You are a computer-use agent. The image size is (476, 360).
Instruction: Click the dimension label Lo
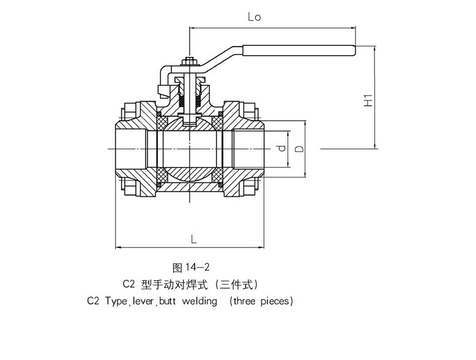[x=254, y=17]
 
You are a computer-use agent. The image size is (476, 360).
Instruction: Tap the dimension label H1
[x=368, y=100]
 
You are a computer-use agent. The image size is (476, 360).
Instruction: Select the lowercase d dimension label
[x=280, y=148]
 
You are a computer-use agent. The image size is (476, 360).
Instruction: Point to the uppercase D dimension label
[x=299, y=149]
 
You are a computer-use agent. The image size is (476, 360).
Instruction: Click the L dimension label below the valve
[x=193, y=239]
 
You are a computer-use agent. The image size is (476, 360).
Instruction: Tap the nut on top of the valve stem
[x=189, y=62]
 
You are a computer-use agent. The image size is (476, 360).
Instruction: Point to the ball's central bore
[x=189, y=148]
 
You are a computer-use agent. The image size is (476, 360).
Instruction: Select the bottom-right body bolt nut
[x=251, y=184]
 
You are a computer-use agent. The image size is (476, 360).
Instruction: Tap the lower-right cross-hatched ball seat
[x=217, y=178]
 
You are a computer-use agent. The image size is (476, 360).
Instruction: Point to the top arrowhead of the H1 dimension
[x=376, y=49]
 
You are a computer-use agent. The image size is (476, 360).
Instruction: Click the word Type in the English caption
[x=115, y=301]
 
